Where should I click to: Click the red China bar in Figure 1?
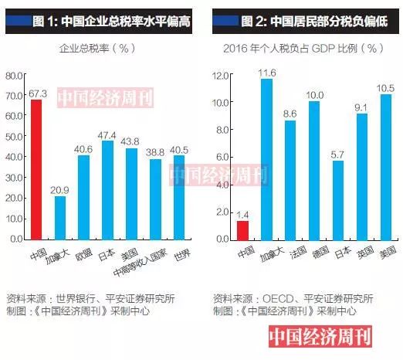tap(36, 170)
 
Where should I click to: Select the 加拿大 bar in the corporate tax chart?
tap(60, 218)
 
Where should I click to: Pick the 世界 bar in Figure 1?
tap(179, 197)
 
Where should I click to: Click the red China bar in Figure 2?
tap(242, 230)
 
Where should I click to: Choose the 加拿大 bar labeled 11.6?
tap(266, 159)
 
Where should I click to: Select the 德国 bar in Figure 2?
tap(314, 171)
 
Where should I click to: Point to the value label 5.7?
tap(338, 154)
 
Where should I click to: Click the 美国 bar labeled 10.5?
tap(385, 167)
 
